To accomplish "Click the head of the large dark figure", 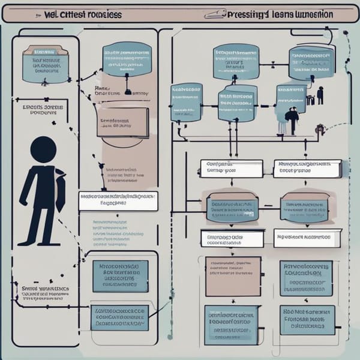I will click(x=43, y=149).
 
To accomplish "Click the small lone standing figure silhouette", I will click(x=320, y=95).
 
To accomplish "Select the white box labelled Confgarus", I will click(x=231, y=168).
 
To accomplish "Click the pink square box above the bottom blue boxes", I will click(x=233, y=276).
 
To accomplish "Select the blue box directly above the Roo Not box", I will click(x=307, y=277).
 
